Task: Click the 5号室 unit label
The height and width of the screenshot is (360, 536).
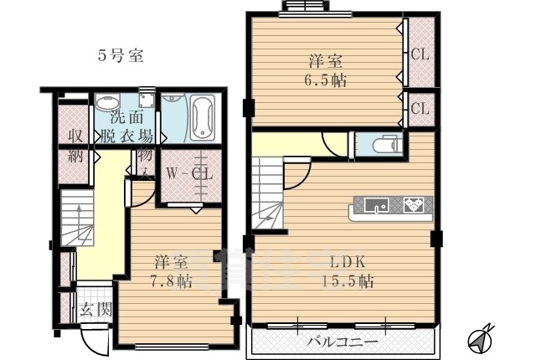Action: [x=121, y=56]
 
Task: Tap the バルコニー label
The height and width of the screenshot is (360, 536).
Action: [x=341, y=342]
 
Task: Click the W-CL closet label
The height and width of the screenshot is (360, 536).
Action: [x=188, y=174]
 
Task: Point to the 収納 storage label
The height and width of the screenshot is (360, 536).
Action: [x=75, y=147]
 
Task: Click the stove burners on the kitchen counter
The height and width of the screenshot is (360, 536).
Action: [x=414, y=204]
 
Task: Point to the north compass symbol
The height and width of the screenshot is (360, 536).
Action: [x=477, y=338]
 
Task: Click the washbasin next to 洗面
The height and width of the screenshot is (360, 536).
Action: [x=106, y=104]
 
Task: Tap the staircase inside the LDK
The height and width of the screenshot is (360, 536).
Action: [x=268, y=197]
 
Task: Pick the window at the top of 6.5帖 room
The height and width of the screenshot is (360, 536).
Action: [x=305, y=8]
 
